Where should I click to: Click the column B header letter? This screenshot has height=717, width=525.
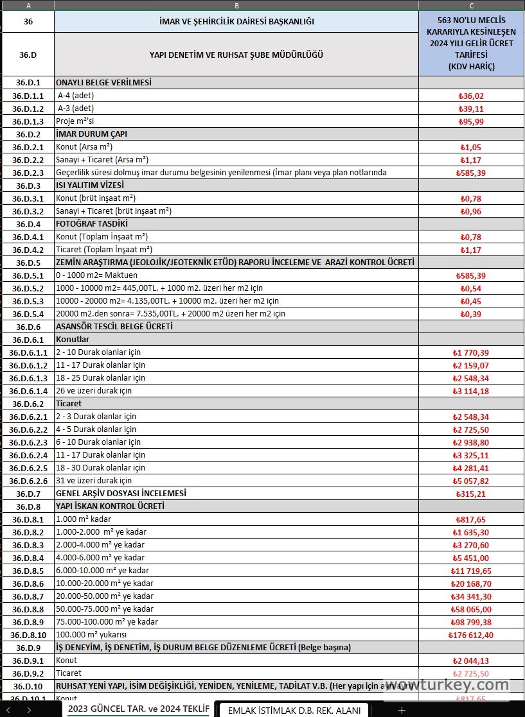click(236, 5)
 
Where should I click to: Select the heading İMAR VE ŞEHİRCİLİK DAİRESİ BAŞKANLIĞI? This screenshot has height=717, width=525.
click(236, 22)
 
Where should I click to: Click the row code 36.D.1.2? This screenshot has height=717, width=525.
click(28, 108)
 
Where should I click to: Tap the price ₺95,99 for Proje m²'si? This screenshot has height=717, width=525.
click(471, 121)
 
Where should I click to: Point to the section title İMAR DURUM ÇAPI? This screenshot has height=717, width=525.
click(92, 134)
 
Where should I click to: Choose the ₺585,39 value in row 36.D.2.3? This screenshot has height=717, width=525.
click(471, 173)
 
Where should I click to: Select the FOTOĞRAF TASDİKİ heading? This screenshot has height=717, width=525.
click(92, 224)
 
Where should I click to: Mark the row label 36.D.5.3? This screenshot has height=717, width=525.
click(28, 301)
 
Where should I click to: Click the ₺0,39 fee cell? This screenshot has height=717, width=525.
click(471, 314)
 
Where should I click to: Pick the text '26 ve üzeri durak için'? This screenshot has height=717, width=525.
click(94, 391)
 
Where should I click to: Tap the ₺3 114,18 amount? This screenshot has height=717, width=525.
click(471, 391)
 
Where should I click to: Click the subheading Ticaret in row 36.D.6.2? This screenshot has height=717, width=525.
click(69, 404)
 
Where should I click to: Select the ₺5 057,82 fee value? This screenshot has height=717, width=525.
click(471, 481)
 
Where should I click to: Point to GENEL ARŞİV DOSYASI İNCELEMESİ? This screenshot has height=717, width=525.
click(121, 494)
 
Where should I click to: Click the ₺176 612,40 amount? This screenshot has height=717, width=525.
click(471, 635)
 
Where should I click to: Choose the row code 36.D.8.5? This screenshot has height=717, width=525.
click(28, 571)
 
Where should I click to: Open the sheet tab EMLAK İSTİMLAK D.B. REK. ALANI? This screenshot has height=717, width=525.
click(294, 710)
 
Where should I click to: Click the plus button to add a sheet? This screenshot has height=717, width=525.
click(402, 710)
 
